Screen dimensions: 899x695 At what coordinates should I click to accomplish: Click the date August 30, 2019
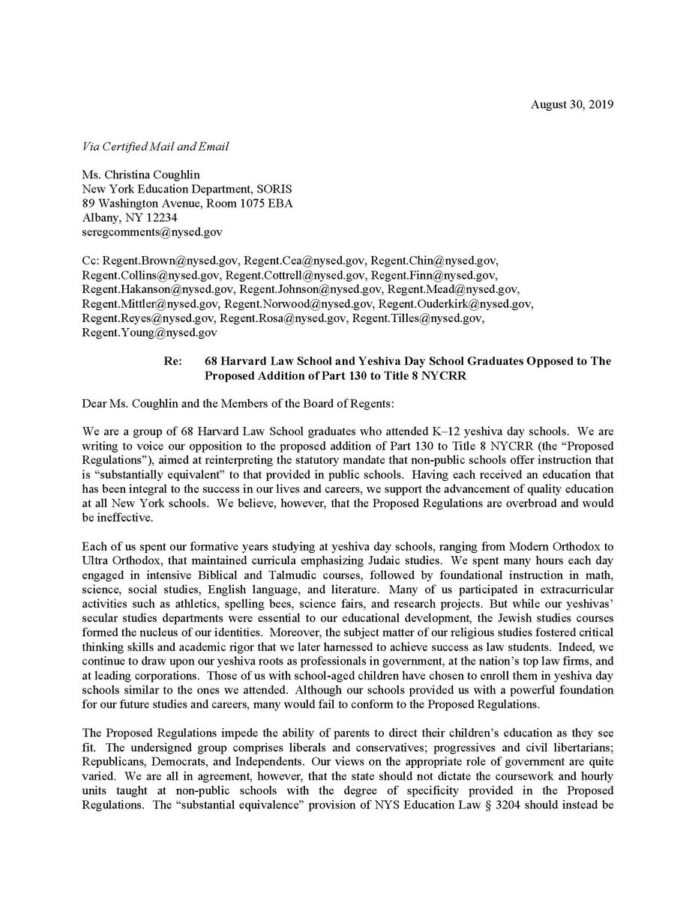pyautogui.click(x=571, y=105)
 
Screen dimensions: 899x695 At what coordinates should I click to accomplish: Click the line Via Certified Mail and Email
pyautogui.click(x=156, y=147)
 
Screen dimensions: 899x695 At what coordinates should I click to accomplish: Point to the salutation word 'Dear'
pyautogui.click(x=94, y=405)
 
